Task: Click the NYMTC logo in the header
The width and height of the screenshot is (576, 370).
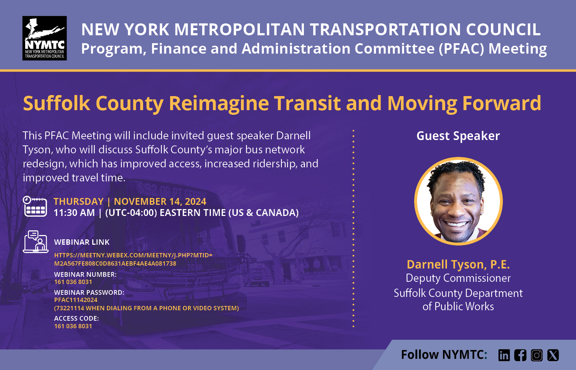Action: click(x=44, y=38)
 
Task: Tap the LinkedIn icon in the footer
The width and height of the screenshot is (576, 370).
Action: click(x=504, y=355)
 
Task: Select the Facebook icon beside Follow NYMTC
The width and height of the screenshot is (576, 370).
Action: click(x=520, y=355)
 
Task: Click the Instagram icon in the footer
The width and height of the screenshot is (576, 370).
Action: click(x=537, y=355)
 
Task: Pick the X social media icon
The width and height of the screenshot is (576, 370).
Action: click(x=553, y=355)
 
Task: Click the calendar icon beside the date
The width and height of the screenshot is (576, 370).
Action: click(x=35, y=206)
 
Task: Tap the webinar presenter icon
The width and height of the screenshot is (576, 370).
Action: click(x=36, y=242)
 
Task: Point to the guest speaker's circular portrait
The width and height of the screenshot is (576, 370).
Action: click(x=458, y=201)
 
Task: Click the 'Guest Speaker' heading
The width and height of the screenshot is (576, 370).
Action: click(x=458, y=136)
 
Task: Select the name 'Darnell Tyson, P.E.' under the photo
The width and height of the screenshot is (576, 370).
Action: click(x=458, y=265)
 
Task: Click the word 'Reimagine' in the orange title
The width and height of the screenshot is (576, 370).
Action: click(x=219, y=103)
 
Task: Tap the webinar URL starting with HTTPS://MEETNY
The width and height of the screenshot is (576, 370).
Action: click(x=133, y=260)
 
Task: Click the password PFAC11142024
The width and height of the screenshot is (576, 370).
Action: click(x=76, y=300)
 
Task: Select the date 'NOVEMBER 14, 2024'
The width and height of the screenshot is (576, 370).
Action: click(x=160, y=202)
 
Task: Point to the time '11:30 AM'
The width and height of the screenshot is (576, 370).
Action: click(x=74, y=213)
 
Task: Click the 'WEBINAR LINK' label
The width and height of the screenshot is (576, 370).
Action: click(x=82, y=242)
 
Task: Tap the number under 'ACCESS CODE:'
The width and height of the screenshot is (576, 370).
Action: click(x=73, y=326)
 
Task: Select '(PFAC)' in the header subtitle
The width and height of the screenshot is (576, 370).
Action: click(x=461, y=49)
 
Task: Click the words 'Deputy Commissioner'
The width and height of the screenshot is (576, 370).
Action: click(x=458, y=278)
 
